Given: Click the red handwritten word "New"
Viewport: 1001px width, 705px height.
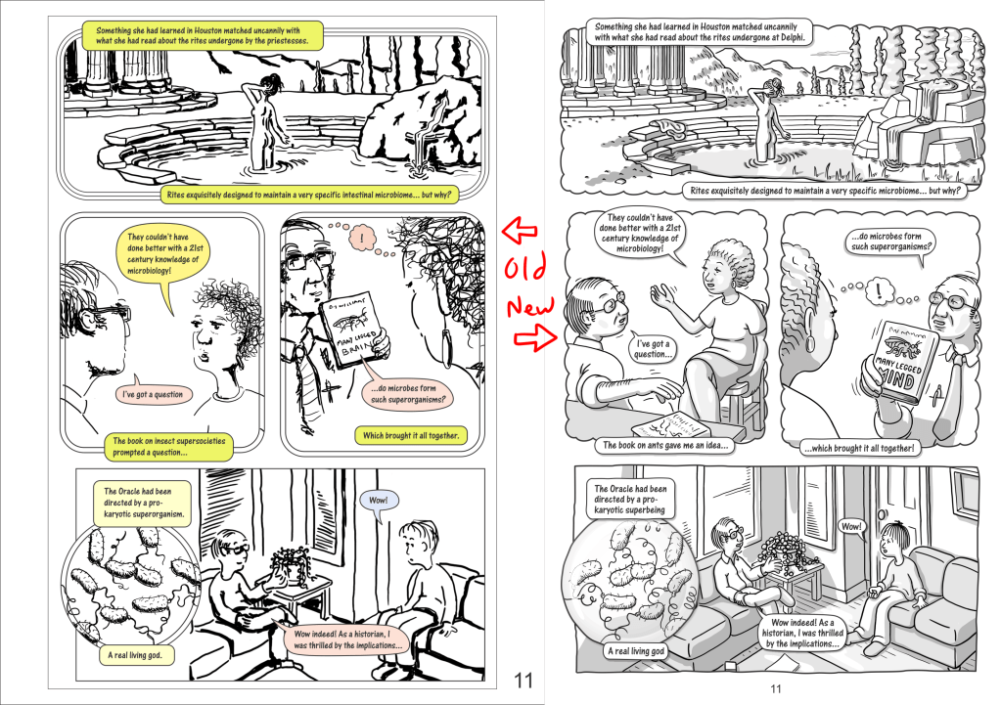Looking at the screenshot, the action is pos(530,307).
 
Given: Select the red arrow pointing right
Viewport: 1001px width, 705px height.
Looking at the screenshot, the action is pos(535,337).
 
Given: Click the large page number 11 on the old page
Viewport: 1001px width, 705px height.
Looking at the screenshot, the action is pos(523,681).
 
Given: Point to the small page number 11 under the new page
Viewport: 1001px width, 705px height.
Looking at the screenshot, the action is pos(776,688).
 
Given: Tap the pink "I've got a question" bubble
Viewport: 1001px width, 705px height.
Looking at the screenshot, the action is pos(154,394).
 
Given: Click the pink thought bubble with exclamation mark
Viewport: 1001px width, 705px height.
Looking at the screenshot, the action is pos(363,239).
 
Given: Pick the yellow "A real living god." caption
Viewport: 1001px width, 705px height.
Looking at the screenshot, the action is pos(135,655).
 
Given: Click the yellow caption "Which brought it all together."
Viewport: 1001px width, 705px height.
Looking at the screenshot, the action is pos(411,436).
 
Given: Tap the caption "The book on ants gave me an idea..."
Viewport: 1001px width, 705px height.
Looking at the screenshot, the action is pos(665,445).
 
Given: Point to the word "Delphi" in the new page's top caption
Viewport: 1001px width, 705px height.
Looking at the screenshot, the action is pos(794,37).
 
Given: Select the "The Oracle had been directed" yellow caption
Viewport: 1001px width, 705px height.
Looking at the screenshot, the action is pos(142,503).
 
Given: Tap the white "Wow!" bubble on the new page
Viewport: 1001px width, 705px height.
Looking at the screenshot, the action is pos(850,527).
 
